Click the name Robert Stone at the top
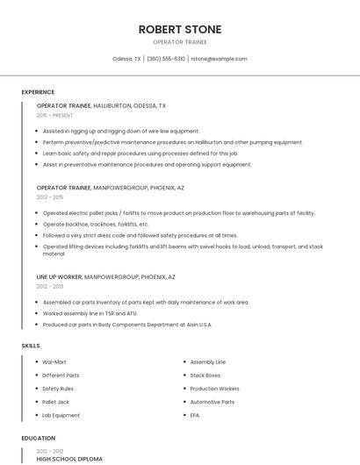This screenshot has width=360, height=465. point(180,29)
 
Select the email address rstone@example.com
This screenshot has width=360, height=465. point(219,59)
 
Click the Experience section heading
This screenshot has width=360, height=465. point(38,92)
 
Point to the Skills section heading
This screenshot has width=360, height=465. point(31,346)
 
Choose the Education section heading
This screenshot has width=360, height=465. point(38,438)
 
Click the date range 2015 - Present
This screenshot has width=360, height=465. point(54,115)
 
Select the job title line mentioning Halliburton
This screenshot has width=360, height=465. point(101,105)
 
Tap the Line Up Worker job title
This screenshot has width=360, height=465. point(60,277)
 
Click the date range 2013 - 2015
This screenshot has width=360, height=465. point(50,197)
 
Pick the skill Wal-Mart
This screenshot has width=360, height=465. point(54,361)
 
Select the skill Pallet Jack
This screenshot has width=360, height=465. point(56,402)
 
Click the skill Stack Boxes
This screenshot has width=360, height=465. point(205,376)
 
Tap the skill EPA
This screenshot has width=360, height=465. point(195,415)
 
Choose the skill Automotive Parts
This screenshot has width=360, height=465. point(212,402)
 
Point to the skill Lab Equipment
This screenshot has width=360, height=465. point(61,415)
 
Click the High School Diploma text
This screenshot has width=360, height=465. point(69,459)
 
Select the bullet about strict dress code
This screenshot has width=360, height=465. point(140,235)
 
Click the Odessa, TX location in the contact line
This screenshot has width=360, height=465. point(127,59)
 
